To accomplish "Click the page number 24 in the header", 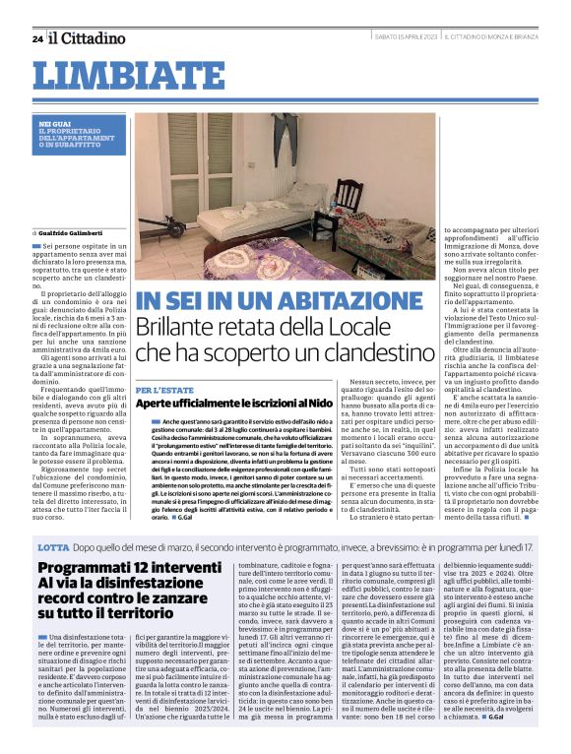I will tap(36, 38).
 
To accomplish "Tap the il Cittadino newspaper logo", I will tap(88, 38).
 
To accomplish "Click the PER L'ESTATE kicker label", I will tap(158, 390).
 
